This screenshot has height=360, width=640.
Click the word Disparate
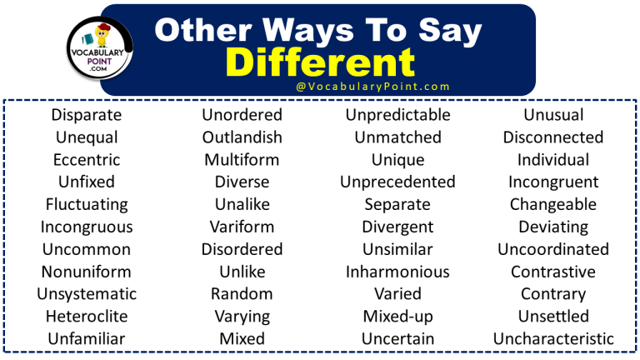[87, 115]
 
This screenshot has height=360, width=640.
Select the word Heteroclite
[87, 317]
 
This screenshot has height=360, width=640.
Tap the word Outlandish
[242, 137]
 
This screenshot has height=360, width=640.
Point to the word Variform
[242, 227]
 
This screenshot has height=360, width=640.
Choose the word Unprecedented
[397, 182]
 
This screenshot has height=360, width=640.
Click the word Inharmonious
[397, 272]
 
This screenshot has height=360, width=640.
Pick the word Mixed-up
[397, 317]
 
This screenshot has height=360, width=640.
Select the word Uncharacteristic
[553, 339]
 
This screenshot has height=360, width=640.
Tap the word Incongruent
[553, 182]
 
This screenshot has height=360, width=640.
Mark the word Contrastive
[553, 272]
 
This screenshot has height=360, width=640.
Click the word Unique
[397, 160]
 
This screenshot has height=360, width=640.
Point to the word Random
[242, 294]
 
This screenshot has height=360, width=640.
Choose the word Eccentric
[87, 160]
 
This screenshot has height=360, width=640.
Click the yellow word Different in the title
[320, 62]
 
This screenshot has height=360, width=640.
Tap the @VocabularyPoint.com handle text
[372, 87]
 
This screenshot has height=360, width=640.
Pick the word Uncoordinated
[553, 249]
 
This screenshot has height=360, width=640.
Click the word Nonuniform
[87, 272]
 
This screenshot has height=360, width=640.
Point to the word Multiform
[242, 160]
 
